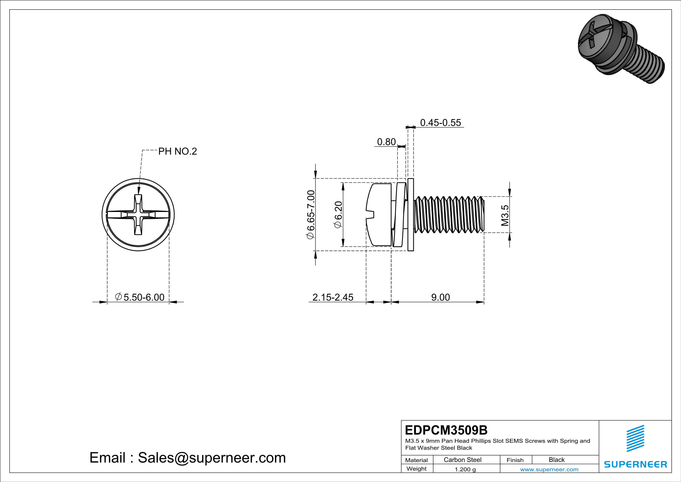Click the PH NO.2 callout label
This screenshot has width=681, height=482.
pyautogui.click(x=177, y=151)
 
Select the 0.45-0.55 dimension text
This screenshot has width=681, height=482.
pyautogui.click(x=440, y=123)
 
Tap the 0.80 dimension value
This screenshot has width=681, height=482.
pyautogui.click(x=386, y=142)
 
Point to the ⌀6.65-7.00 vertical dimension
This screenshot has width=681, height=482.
pyautogui.click(x=310, y=215)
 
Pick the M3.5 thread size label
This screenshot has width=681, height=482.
pyautogui.click(x=505, y=215)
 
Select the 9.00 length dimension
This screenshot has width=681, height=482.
pyautogui.click(x=440, y=297)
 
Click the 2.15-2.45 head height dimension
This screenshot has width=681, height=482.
pyautogui.click(x=333, y=297)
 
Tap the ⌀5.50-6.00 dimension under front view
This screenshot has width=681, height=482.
pyautogui.click(x=139, y=297)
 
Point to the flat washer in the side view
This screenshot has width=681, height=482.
pyautogui.click(x=411, y=215)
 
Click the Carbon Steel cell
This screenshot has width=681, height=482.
pyautogui.click(x=462, y=460)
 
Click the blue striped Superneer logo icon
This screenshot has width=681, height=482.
pyautogui.click(x=635, y=438)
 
